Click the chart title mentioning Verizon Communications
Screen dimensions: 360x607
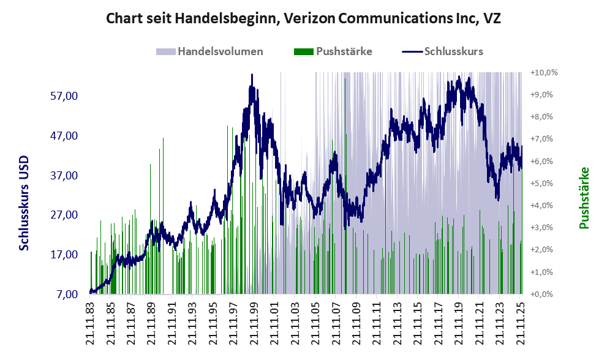(x=303, y=18)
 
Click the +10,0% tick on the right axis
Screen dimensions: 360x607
(x=545, y=73)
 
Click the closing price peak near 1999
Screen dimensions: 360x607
(x=252, y=76)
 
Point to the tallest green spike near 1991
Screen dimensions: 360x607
(x=163, y=139)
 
